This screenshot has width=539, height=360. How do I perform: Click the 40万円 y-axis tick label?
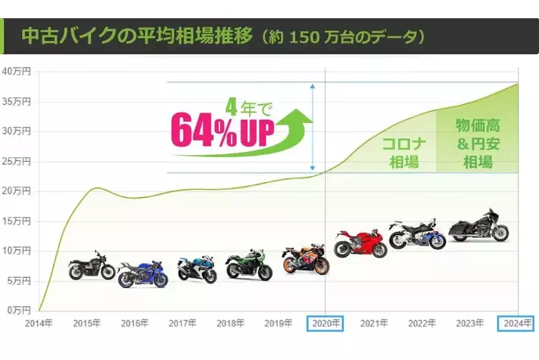[15, 72]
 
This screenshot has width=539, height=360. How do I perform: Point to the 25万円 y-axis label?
[15, 162]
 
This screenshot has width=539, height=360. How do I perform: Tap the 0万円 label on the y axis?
[17, 310]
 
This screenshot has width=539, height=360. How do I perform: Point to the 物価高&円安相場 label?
[477, 142]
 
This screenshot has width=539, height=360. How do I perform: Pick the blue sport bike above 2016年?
[142, 273]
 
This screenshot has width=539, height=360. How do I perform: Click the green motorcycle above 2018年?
[249, 265]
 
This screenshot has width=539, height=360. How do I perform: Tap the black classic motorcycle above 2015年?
[91, 266]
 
